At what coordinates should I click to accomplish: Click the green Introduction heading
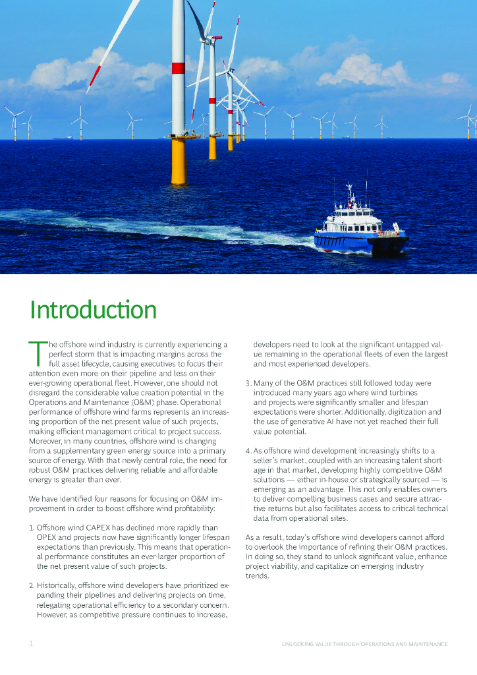(x=93, y=310)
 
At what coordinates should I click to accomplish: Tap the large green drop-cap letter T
(x=37, y=352)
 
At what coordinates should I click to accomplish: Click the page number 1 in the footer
(x=30, y=643)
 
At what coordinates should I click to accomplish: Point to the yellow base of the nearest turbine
(x=178, y=161)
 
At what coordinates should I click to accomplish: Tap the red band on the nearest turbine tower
(x=178, y=68)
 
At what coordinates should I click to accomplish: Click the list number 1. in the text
(x=31, y=527)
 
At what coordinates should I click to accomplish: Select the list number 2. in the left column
(x=31, y=585)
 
